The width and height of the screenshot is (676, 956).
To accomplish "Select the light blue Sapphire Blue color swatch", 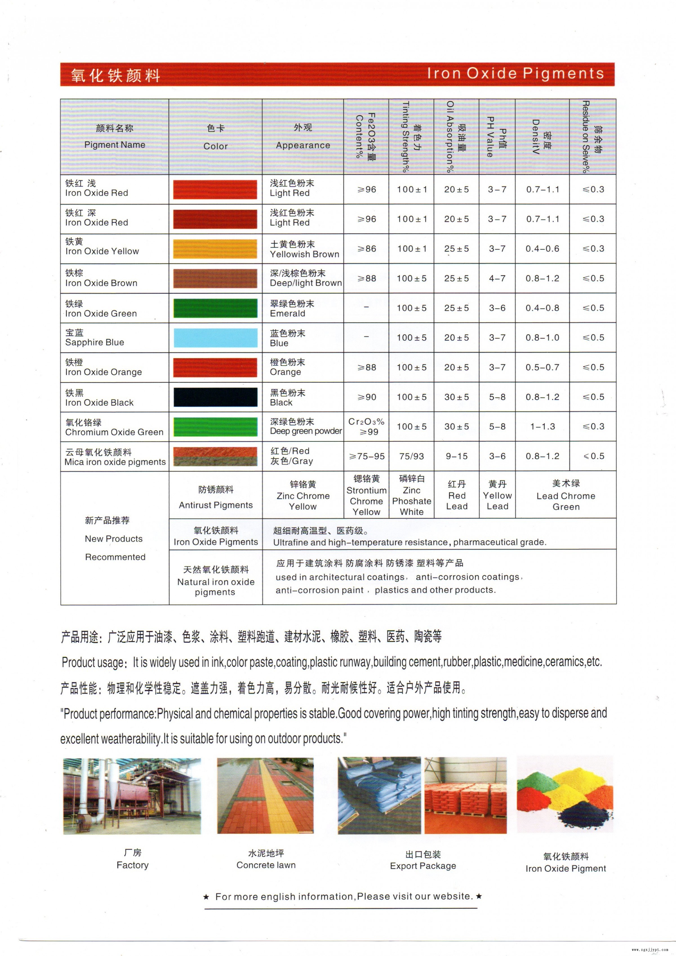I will click(215, 338).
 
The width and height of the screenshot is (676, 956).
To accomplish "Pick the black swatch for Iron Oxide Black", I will click(215, 397).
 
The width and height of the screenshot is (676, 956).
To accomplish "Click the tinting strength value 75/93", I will click(411, 456).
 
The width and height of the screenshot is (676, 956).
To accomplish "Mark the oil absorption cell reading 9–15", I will click(456, 456).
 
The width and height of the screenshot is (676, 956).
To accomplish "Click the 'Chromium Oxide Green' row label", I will click(114, 432).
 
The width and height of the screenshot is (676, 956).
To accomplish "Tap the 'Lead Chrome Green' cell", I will click(565, 495).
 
